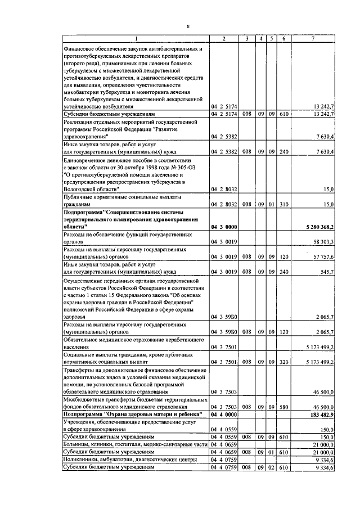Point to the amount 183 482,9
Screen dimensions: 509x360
pyautogui.click(x=322, y=414)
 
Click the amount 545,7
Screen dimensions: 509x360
pyautogui.click(x=327, y=271)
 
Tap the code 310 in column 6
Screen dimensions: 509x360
pyautogui.click(x=284, y=204)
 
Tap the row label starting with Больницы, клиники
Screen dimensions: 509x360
pyautogui.click(x=135, y=444)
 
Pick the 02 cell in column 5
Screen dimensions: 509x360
pyautogui.click(x=272, y=467)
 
